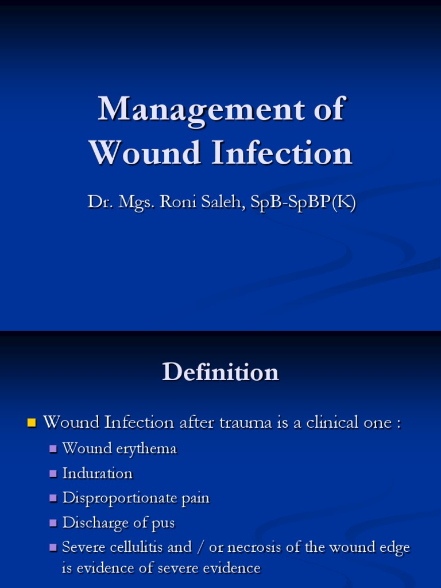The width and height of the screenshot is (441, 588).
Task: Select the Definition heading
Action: tap(220, 372)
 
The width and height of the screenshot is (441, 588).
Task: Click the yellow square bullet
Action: tap(31, 424)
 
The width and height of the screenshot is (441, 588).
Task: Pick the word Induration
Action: tap(97, 473)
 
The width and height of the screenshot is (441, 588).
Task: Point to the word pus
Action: tap(164, 523)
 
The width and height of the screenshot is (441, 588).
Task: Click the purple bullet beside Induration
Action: tap(53, 474)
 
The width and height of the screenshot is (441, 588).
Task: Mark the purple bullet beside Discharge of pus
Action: tap(53, 523)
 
